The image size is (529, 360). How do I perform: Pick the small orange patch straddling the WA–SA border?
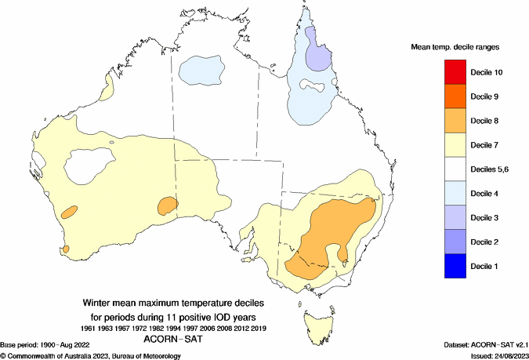point(167,206)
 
